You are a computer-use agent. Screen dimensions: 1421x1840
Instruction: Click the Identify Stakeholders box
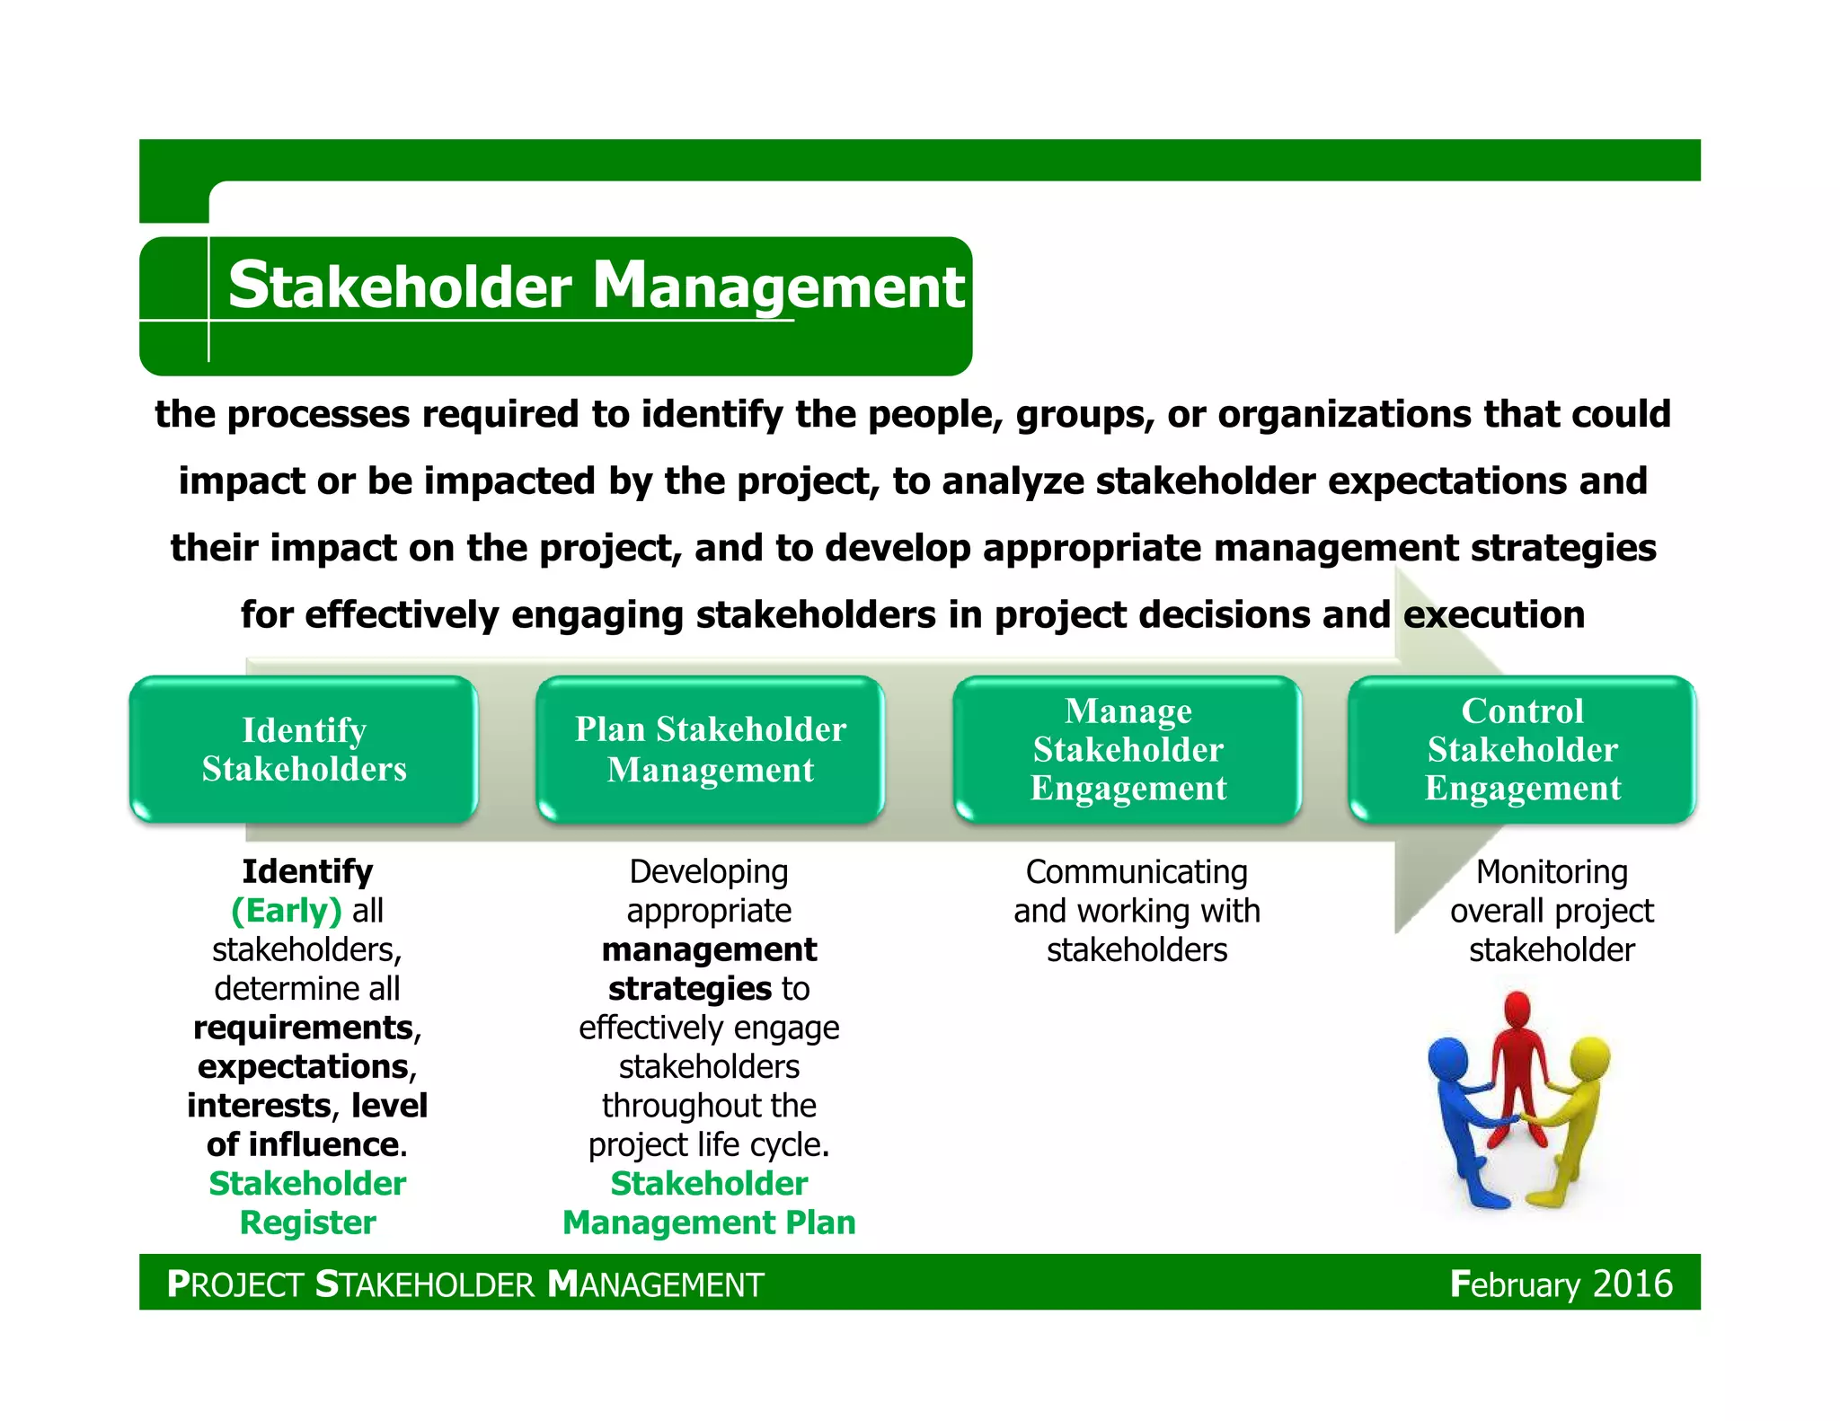point(304,749)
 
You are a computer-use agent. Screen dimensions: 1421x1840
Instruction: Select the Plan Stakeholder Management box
point(710,749)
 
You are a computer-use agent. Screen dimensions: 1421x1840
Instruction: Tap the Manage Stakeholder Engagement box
point(1128,749)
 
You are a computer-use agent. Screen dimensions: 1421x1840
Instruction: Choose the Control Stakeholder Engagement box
point(1522,749)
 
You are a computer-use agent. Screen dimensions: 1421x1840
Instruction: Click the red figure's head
point(1517,1010)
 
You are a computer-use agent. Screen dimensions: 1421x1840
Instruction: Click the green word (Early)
point(287,911)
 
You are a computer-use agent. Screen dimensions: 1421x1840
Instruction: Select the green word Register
point(307,1222)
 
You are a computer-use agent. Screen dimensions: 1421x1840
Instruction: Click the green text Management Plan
point(709,1222)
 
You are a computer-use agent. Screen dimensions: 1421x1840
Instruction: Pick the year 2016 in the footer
point(1632,1284)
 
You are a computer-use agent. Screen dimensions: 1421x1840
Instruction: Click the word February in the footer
point(1515,1285)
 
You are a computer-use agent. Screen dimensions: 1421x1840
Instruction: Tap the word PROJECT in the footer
point(235,1284)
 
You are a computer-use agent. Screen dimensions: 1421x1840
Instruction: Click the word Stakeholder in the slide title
point(400,287)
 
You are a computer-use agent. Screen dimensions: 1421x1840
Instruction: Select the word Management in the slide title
point(778,287)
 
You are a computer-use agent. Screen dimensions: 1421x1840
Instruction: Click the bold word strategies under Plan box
point(689,989)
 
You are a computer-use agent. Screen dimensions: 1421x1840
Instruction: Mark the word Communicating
point(1137,872)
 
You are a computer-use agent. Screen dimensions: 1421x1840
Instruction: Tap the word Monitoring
point(1552,872)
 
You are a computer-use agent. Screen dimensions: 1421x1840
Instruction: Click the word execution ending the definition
point(1493,615)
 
